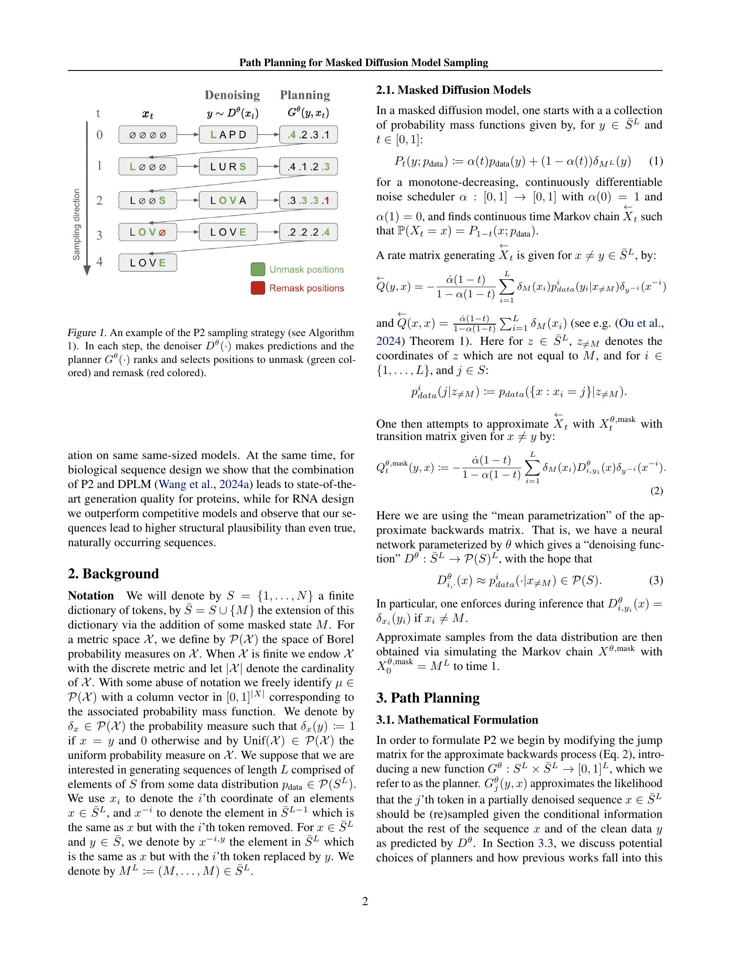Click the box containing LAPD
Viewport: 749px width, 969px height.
(228, 134)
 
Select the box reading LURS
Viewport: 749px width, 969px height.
(228, 167)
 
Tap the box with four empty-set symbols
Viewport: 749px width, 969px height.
(148, 134)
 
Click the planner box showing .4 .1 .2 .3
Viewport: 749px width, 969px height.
(308, 167)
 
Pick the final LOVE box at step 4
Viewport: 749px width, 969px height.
(148, 263)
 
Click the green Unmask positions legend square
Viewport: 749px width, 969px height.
(258, 269)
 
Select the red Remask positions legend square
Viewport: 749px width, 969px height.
(258, 288)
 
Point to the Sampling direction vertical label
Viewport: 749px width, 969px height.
(76, 225)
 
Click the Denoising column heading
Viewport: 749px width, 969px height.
(232, 95)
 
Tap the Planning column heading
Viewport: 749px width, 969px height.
(305, 95)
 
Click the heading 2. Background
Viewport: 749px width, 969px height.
(113, 573)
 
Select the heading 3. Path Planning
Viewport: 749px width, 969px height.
(428, 698)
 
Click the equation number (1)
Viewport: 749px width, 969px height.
(656, 161)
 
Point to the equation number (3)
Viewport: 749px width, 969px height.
(656, 581)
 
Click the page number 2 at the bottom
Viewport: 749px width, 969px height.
(365, 901)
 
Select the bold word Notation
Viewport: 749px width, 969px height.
(90, 595)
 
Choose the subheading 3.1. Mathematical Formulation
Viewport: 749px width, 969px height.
(456, 720)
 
